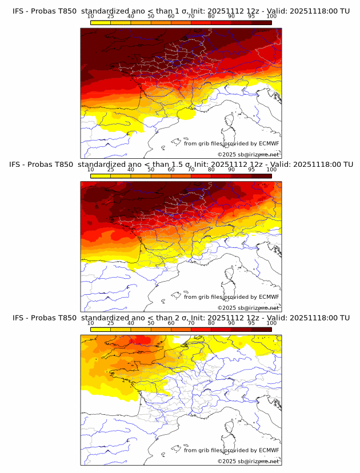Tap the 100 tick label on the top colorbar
tap(271, 17)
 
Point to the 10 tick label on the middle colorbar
tap(91, 170)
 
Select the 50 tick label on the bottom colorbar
tap(151, 323)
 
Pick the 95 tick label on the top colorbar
tap(251, 17)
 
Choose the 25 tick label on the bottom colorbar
tap(111, 323)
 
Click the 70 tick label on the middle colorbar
tap(191, 170)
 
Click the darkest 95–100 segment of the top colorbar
tap(261, 22)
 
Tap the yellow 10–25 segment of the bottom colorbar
tap(101, 329)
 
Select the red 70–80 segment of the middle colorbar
tap(201, 175)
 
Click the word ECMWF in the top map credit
tap(269, 143)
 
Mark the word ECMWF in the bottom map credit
tap(269, 450)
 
